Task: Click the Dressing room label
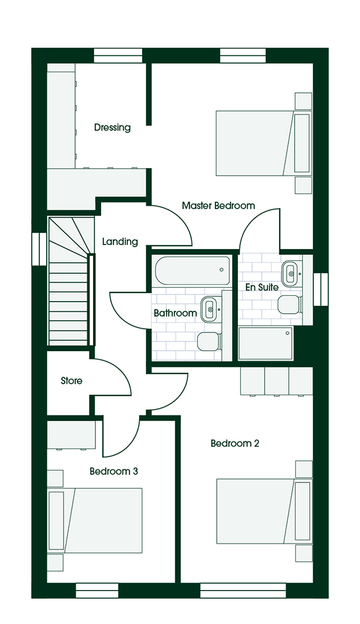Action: click(112, 128)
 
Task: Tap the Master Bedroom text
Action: click(218, 206)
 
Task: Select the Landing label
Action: click(120, 242)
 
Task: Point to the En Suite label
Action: click(262, 287)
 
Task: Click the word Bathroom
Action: click(175, 313)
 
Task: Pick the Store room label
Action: click(72, 381)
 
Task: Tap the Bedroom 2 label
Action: click(235, 443)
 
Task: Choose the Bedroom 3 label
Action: click(114, 471)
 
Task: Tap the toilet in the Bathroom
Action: click(209, 341)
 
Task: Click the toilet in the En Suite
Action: click(289, 304)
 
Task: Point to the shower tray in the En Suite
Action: click(265, 343)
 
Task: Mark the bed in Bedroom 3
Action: click(95, 521)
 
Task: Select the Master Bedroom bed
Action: click(263, 143)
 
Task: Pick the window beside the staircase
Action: click(39, 248)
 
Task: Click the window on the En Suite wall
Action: click(320, 289)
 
